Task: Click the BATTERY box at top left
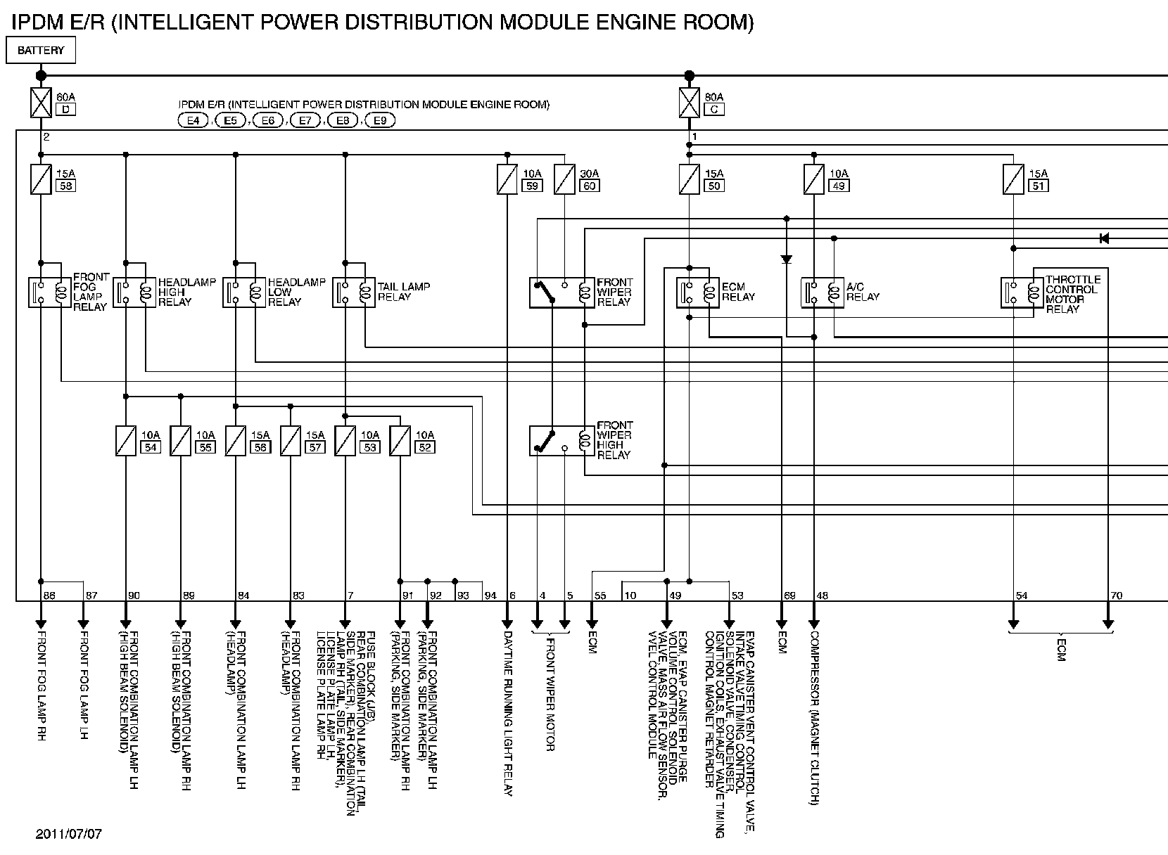click(x=40, y=51)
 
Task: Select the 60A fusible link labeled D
click(x=41, y=103)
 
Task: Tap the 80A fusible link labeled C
click(x=690, y=103)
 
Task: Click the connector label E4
click(x=193, y=121)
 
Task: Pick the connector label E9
click(x=379, y=121)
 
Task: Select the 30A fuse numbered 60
click(x=565, y=179)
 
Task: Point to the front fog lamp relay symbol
click(x=49, y=292)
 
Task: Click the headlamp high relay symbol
click(x=135, y=292)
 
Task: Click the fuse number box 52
click(x=424, y=447)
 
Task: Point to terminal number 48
click(x=822, y=596)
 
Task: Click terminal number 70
click(x=1116, y=596)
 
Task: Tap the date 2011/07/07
click(x=69, y=835)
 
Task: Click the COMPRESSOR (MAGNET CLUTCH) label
click(x=814, y=717)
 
